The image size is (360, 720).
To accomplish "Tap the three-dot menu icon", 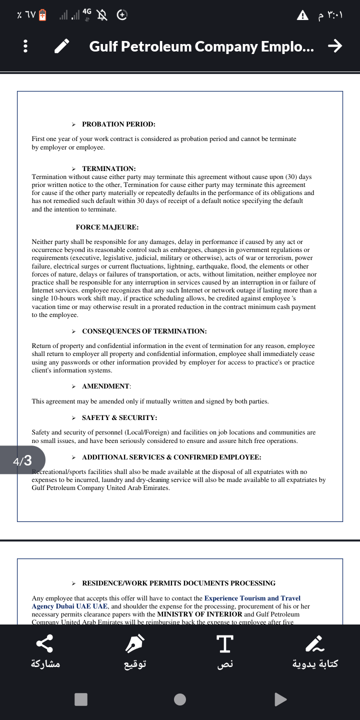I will pyautogui.click(x=25, y=46).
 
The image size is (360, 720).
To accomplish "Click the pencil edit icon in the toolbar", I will pyautogui.click(x=62, y=46).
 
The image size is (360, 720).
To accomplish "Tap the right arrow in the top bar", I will pyautogui.click(x=334, y=46).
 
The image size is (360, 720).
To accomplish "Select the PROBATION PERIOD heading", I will pyautogui.click(x=118, y=124).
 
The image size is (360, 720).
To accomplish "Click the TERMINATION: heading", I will pyautogui.click(x=108, y=169).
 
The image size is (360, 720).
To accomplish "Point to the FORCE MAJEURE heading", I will pyautogui.click(x=107, y=227).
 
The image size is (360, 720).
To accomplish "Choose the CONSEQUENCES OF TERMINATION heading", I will pyautogui.click(x=144, y=331).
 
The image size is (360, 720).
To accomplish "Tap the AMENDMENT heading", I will pyautogui.click(x=106, y=386).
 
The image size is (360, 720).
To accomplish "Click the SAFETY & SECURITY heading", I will pyautogui.click(x=119, y=417).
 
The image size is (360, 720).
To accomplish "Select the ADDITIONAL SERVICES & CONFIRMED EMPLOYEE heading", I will pyautogui.click(x=171, y=457).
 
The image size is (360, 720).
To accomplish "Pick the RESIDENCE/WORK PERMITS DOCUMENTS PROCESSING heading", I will pyautogui.click(x=178, y=583).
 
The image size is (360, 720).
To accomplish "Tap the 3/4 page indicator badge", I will pyautogui.click(x=22, y=460).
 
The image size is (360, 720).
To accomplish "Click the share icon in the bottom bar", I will pyautogui.click(x=45, y=644).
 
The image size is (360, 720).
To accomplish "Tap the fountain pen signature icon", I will pyautogui.click(x=135, y=644).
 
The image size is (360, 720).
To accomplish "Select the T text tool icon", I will pyautogui.click(x=225, y=644).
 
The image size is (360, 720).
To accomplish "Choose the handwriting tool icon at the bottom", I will pyautogui.click(x=315, y=644).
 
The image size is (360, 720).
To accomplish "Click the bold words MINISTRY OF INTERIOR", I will pyautogui.click(x=199, y=614).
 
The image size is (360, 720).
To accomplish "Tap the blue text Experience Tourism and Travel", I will pyautogui.click(x=252, y=598).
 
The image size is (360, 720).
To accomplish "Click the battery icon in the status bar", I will pyautogui.click(x=42, y=15).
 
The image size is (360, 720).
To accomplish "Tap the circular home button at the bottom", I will pyautogui.click(x=180, y=699).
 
